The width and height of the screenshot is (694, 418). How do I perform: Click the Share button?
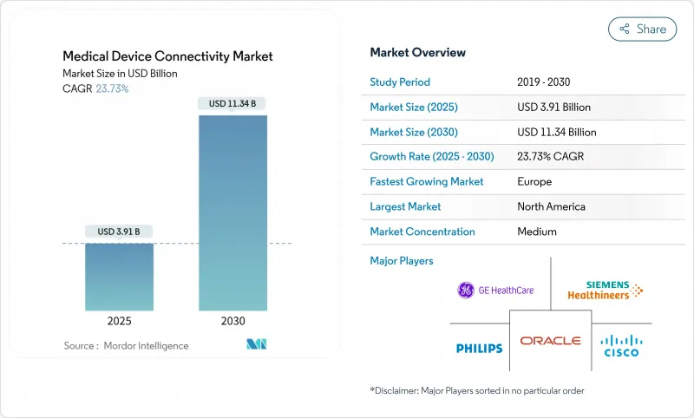[x=642, y=29]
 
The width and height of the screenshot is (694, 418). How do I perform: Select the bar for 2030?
[x=233, y=212]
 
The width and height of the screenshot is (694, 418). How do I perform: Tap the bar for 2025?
[x=119, y=277]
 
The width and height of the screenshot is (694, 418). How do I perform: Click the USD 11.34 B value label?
[x=233, y=104]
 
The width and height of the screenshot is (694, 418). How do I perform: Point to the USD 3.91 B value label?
[x=119, y=232]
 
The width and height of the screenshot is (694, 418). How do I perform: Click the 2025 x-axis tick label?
[x=119, y=321]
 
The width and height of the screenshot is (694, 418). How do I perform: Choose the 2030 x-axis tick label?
[x=233, y=321]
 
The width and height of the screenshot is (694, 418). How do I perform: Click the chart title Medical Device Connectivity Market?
[x=167, y=56]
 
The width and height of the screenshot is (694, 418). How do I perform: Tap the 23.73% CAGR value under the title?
[x=112, y=88]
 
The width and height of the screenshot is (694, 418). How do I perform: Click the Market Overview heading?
[x=417, y=52]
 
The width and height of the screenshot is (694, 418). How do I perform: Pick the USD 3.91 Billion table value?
[x=553, y=108]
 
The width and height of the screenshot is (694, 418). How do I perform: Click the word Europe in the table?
[x=534, y=182]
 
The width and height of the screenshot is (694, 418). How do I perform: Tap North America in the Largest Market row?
[x=550, y=206]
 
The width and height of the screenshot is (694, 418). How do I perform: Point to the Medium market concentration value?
[x=536, y=232]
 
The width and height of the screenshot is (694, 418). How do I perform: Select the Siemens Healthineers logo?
[x=605, y=291]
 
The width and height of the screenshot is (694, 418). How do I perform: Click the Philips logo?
[x=479, y=348]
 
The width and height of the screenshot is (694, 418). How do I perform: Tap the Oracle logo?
[x=550, y=341]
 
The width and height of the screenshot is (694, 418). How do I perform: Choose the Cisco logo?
[x=620, y=345]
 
